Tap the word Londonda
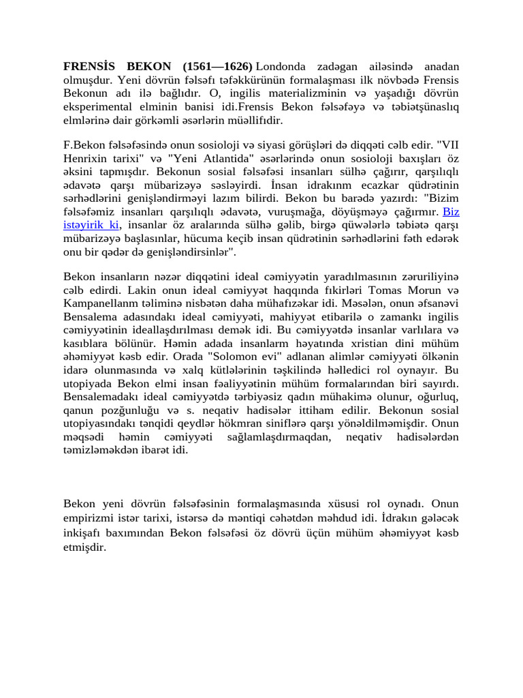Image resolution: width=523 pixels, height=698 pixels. pyautogui.click(x=282, y=67)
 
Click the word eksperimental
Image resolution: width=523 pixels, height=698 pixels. pyautogui.click(x=96, y=108)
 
